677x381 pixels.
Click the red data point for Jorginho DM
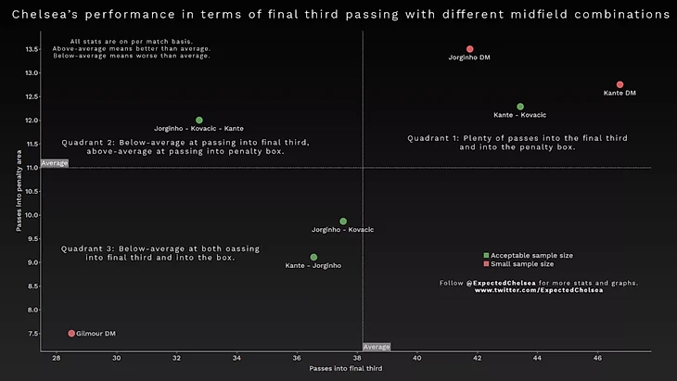click(x=470, y=49)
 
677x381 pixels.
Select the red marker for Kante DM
click(x=620, y=85)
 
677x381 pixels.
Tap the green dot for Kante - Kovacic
click(x=520, y=107)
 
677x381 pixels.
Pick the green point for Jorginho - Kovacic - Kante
click(x=199, y=121)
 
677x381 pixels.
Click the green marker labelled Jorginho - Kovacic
click(x=343, y=222)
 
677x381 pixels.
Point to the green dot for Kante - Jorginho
click(x=313, y=257)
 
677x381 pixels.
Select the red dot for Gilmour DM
click(x=71, y=333)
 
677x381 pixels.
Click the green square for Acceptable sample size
click(x=486, y=255)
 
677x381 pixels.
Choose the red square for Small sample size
click(x=486, y=264)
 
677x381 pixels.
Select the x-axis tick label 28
click(x=57, y=358)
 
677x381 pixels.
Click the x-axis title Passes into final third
click(x=345, y=369)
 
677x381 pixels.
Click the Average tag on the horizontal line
click(x=55, y=163)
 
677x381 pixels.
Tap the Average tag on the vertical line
click(x=377, y=347)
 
